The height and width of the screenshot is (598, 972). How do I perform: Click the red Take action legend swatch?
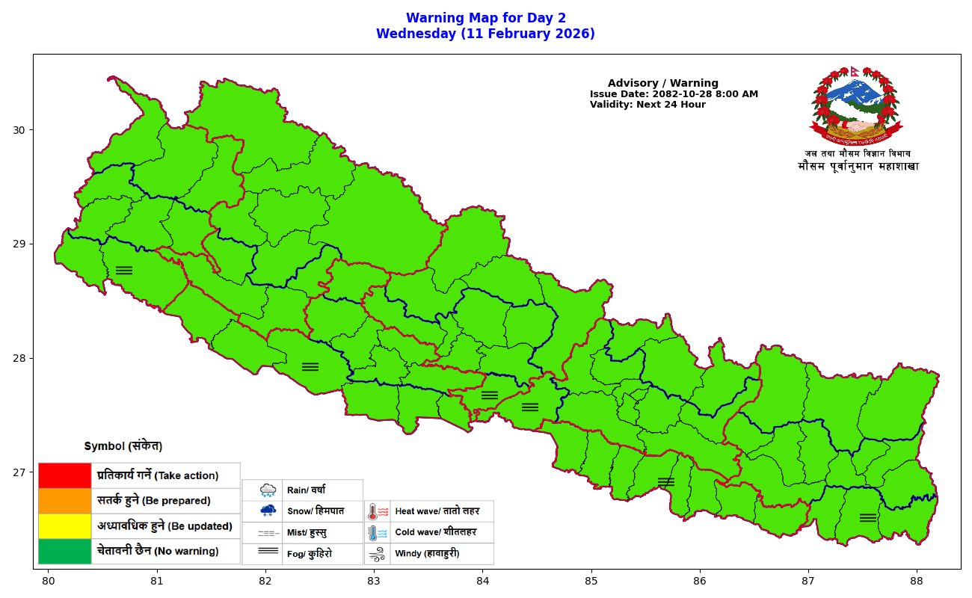[x=64, y=475]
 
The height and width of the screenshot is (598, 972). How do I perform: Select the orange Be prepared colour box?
[x=64, y=501]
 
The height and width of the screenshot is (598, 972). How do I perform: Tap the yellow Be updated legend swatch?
[x=64, y=526]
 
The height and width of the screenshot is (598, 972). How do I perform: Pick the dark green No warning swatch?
[x=64, y=552]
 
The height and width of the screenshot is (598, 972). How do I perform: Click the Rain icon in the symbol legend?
[x=268, y=490]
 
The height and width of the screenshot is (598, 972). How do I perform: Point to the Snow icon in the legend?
[x=268, y=511]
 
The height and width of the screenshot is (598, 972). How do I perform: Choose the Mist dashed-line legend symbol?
[x=268, y=534]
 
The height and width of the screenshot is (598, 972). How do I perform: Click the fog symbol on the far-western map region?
[x=124, y=270]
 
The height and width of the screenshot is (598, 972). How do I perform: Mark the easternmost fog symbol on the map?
[x=868, y=517]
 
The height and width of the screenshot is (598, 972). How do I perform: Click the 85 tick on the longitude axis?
[x=591, y=580]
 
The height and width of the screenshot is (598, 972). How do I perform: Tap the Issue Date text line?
[x=674, y=94]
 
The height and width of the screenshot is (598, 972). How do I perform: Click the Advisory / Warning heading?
[x=662, y=83]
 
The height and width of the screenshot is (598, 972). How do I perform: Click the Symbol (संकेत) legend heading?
[x=123, y=446]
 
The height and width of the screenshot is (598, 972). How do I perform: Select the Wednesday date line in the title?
[x=485, y=34]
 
